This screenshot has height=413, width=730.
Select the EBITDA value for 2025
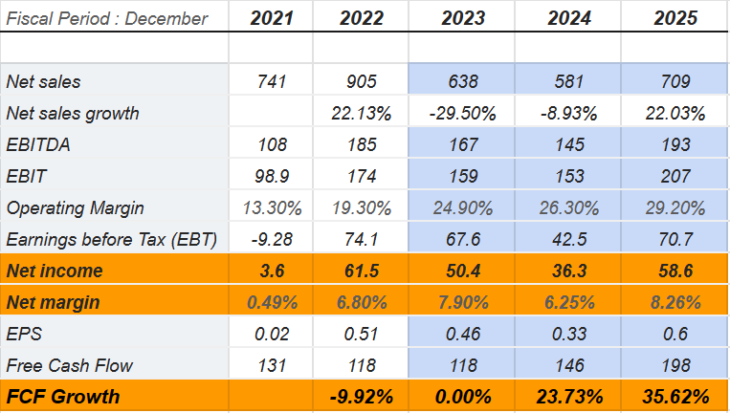[x=675, y=144]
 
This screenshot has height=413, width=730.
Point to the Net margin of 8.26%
[x=675, y=302]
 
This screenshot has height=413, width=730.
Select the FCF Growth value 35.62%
[x=675, y=397]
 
